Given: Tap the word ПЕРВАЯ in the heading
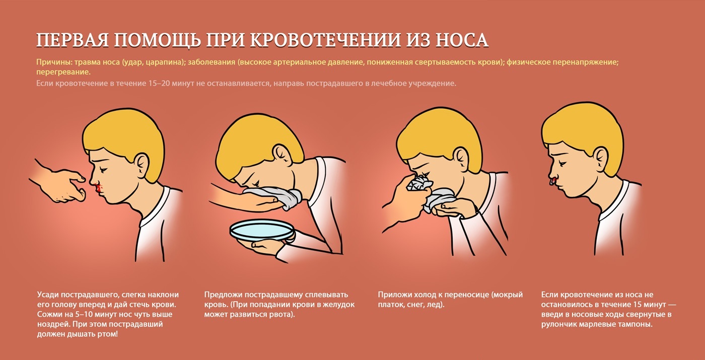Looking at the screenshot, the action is coord(72,40).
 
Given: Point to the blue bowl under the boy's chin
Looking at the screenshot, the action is coord(262,231).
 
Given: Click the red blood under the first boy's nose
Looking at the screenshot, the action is coord(99,188).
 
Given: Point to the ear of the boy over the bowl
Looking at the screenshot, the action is coord(283,153).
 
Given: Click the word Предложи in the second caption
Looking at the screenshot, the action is coord(223,295).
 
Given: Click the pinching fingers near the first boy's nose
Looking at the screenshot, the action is coord(78,187).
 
